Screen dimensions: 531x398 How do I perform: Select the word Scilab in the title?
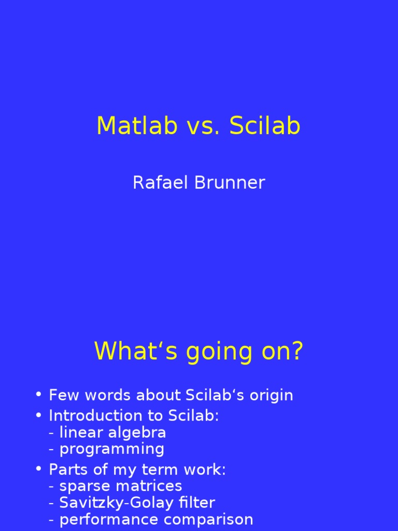(265, 126)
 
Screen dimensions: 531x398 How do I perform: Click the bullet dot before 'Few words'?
(38, 395)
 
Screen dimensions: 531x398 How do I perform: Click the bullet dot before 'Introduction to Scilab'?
(38, 415)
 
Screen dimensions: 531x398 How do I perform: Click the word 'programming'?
(112, 450)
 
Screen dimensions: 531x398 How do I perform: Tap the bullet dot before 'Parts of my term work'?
(38, 469)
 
